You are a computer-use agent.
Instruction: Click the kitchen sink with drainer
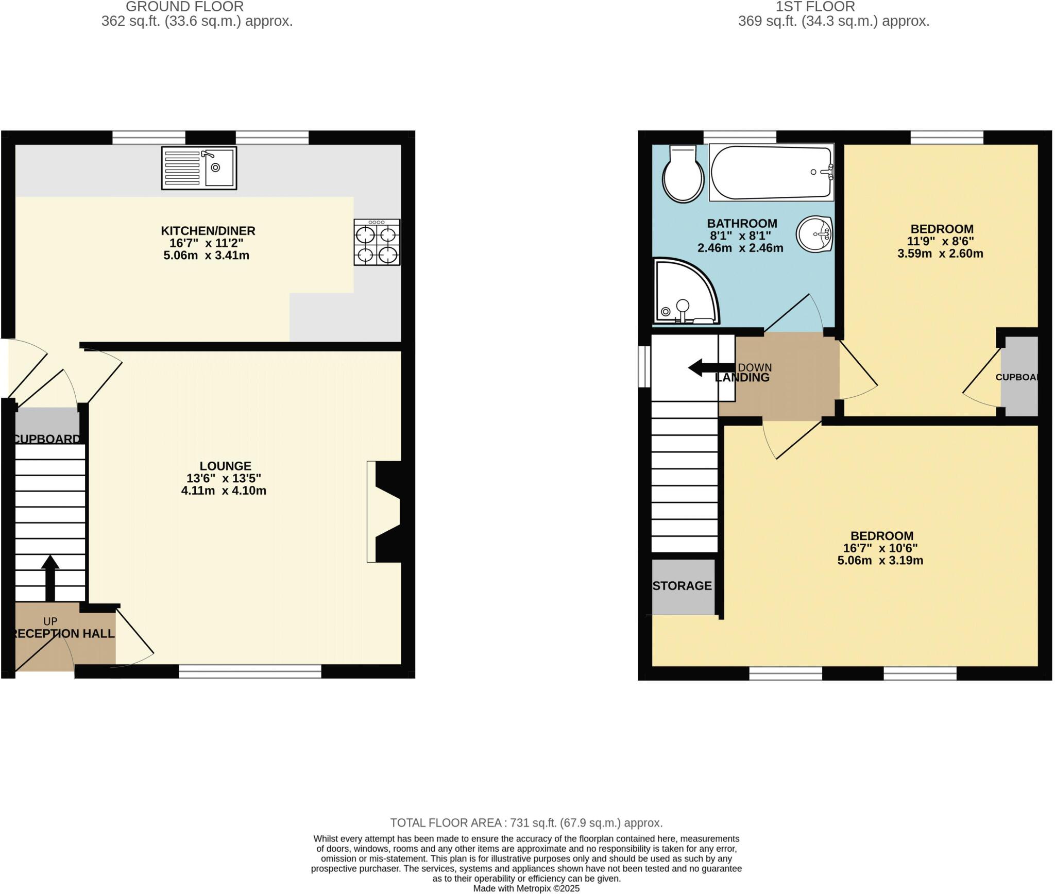(x=199, y=167)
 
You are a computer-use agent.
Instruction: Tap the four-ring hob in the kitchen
(x=377, y=242)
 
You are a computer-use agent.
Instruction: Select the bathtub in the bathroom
(x=771, y=172)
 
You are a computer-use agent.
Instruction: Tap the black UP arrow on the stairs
(x=50, y=578)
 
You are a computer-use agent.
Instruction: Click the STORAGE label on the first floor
(x=682, y=586)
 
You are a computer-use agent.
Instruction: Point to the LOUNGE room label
(x=225, y=466)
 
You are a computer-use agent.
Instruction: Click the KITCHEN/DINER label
(x=208, y=231)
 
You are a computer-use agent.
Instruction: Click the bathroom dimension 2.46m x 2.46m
(x=740, y=248)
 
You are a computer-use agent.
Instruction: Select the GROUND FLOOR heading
(x=184, y=7)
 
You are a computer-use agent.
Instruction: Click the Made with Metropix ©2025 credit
(x=526, y=888)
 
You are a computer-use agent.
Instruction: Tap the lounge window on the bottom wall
(x=250, y=671)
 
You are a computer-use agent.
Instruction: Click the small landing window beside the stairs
(x=644, y=366)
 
